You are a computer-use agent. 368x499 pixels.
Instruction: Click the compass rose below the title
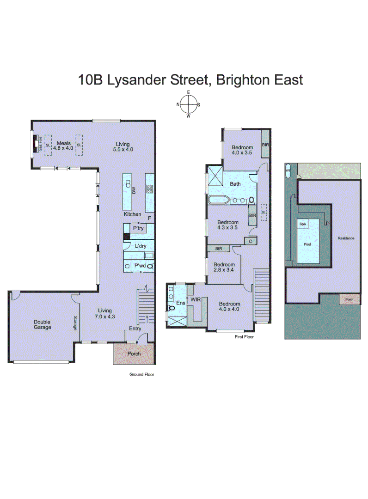pos(189,104)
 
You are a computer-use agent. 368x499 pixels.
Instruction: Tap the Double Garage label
pos(42,324)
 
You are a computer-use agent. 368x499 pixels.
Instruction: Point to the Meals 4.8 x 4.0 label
pos(63,146)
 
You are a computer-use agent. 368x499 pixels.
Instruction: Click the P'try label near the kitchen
pos(138,229)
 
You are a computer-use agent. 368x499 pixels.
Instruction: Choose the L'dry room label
pos(141,246)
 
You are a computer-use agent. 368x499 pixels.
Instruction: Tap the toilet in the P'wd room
pos(150,267)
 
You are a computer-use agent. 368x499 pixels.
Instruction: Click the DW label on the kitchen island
pos(133,190)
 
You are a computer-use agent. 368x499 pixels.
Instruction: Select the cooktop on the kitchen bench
pos(149,189)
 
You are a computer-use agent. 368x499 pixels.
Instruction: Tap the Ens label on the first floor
pos(181,303)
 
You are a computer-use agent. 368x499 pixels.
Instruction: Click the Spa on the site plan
pos(303,224)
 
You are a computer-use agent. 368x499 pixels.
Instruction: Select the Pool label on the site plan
pos(307,243)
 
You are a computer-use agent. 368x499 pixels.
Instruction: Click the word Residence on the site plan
pos(345,238)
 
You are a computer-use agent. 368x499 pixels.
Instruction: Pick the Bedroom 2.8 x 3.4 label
pos(223,268)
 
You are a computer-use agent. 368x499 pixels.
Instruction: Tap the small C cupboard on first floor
pos(251,241)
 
